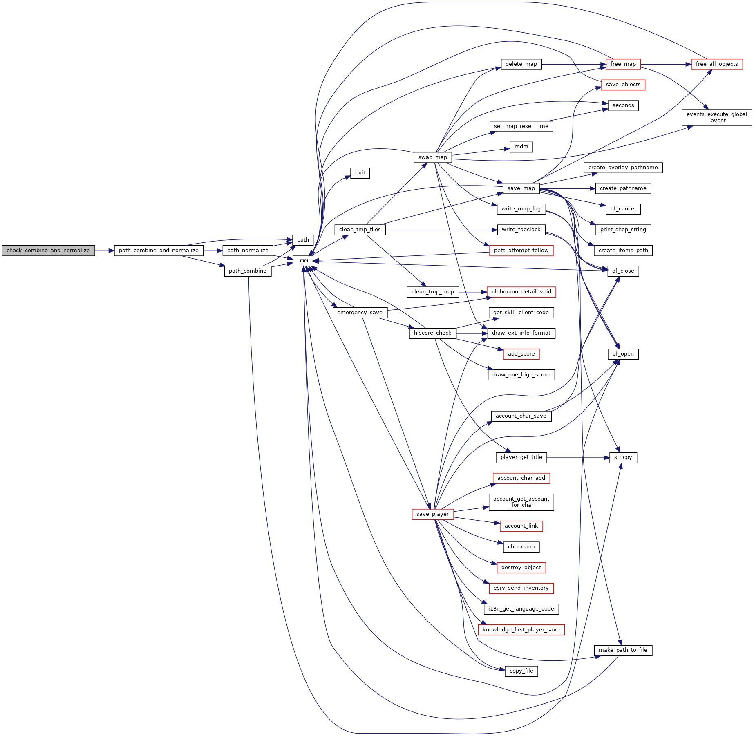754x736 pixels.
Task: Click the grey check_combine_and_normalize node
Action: click(48, 251)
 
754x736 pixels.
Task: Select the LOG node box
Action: click(302, 261)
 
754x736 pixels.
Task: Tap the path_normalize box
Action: click(248, 251)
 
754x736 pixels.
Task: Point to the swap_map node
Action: click(432, 157)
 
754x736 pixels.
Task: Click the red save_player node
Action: click(432, 514)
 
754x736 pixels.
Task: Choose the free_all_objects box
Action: click(716, 64)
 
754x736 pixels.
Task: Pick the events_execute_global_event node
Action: click(716, 117)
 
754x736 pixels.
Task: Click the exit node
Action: click(360, 173)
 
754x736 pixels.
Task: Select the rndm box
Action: click(521, 147)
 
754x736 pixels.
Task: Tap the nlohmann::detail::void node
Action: click(521, 292)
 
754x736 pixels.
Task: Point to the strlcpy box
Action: click(623, 457)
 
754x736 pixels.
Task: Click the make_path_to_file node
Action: click(623, 650)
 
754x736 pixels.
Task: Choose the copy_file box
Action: click(521, 671)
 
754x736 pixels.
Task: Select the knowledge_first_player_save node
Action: click(521, 630)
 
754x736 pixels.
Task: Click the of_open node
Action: click(623, 354)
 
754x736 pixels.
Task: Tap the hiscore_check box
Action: click(432, 333)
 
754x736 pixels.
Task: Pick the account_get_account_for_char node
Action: click(521, 502)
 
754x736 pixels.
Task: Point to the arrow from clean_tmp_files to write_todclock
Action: click(441, 230)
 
